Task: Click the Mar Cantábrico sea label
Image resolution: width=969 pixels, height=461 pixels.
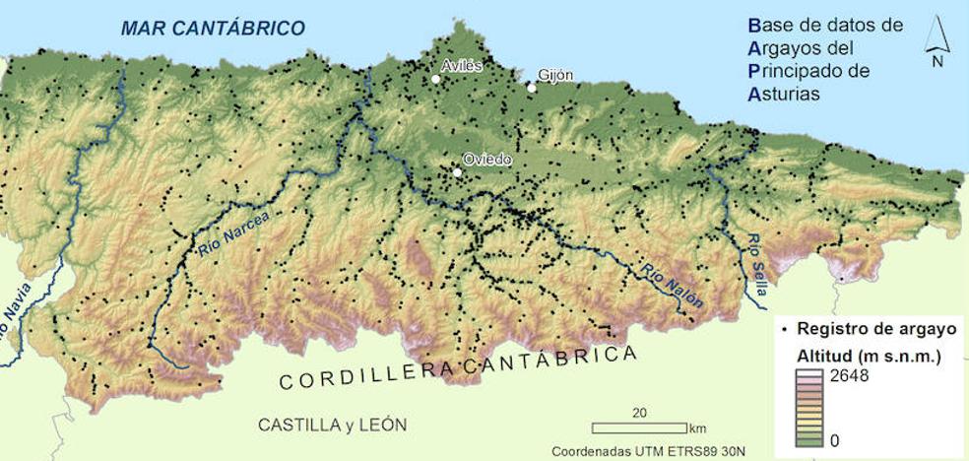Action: [x=213, y=28]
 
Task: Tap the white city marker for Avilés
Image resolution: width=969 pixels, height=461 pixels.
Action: [x=435, y=79]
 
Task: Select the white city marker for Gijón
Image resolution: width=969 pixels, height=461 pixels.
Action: [x=532, y=88]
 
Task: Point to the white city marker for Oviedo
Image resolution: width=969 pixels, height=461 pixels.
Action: [x=457, y=172]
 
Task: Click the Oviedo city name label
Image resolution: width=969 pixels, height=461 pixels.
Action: [x=487, y=161]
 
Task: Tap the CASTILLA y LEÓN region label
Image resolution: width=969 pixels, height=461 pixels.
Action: [x=332, y=425]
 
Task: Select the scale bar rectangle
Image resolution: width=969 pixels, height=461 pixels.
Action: [x=639, y=428]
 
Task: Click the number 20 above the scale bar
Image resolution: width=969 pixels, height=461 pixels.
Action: [x=639, y=412]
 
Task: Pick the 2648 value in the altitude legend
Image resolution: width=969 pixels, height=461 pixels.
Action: [x=849, y=375]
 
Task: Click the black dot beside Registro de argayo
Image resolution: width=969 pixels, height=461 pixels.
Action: [x=783, y=329]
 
